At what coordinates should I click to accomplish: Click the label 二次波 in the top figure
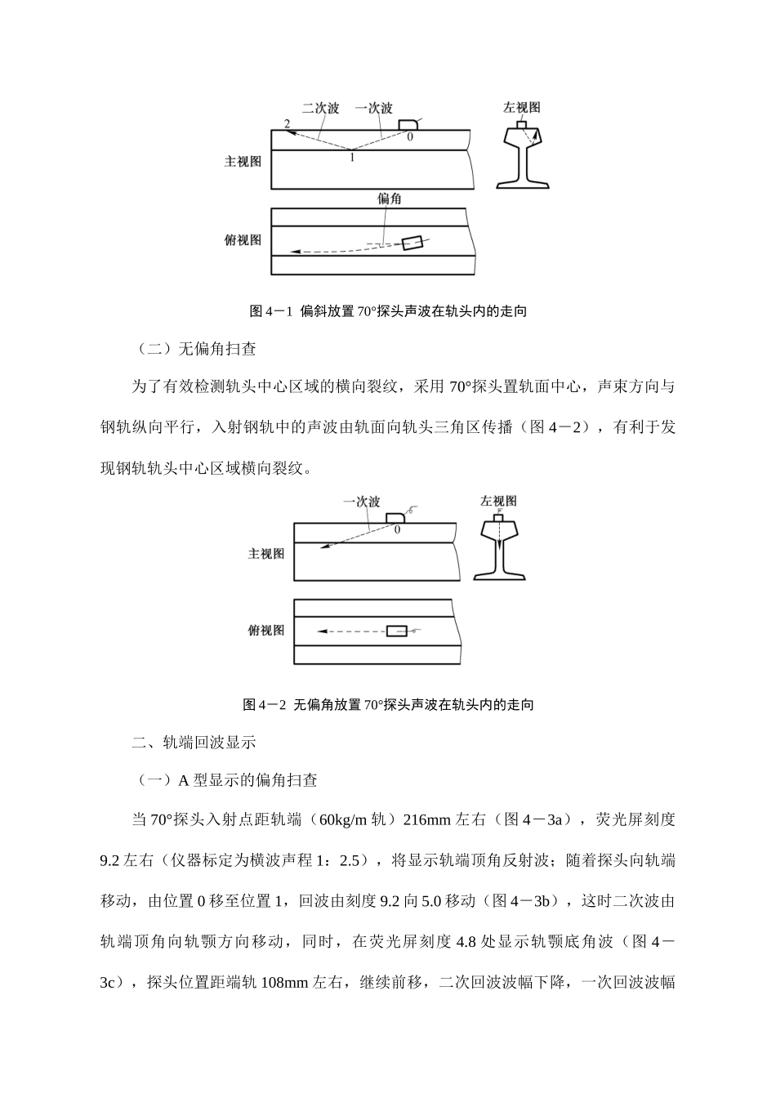click(320, 109)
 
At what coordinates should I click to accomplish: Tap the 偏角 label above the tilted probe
click(390, 198)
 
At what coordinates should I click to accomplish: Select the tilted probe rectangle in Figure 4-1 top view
click(413, 243)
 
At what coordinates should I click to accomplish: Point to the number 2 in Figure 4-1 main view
click(286, 123)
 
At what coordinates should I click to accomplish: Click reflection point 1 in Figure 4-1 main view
click(352, 157)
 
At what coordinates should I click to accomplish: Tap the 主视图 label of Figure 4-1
click(243, 162)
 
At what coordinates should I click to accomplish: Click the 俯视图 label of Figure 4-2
click(266, 631)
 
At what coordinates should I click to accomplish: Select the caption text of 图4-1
click(388, 311)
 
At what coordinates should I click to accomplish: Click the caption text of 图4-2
click(388, 705)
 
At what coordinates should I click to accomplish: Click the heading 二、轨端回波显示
click(194, 743)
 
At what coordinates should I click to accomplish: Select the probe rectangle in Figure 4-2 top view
click(396, 632)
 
